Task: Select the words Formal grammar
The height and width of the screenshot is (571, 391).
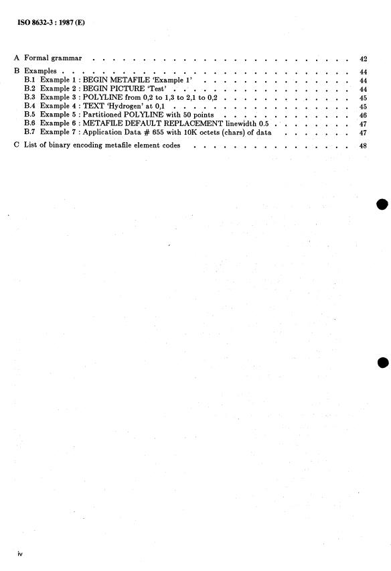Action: tap(53, 59)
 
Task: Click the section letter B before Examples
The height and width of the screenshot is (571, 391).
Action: tap(17, 70)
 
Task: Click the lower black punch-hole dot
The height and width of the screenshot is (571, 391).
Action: tap(382, 363)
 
